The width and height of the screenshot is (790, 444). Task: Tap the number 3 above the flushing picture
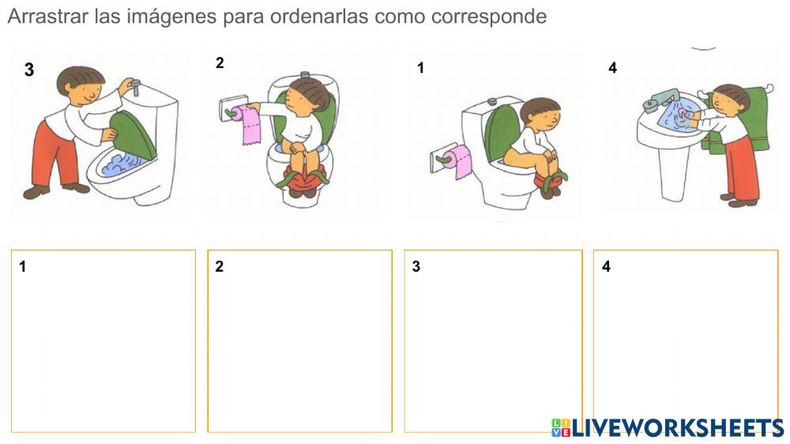point(29,70)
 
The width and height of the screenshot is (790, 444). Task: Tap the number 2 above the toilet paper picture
point(220,64)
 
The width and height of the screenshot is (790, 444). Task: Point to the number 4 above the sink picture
point(612,68)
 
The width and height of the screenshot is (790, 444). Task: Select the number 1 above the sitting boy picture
point(420,68)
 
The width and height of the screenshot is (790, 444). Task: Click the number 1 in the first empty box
point(23,267)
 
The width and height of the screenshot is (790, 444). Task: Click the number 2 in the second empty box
point(219,267)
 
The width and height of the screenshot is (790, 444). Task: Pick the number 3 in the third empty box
point(416,267)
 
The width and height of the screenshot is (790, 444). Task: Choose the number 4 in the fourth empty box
point(606,267)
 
